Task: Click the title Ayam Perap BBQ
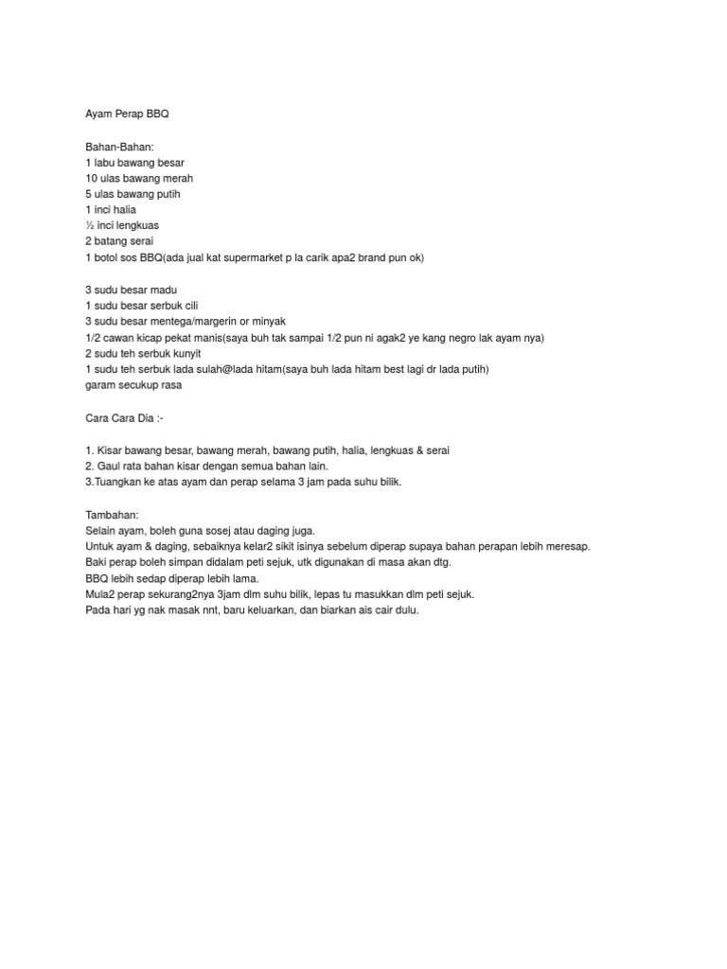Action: (126, 114)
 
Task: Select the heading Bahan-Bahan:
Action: (118, 147)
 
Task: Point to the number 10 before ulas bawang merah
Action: (91, 178)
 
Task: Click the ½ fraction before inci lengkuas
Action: (89, 225)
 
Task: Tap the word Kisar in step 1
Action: (112, 450)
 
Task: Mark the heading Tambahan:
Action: (112, 515)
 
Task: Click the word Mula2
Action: (101, 594)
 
